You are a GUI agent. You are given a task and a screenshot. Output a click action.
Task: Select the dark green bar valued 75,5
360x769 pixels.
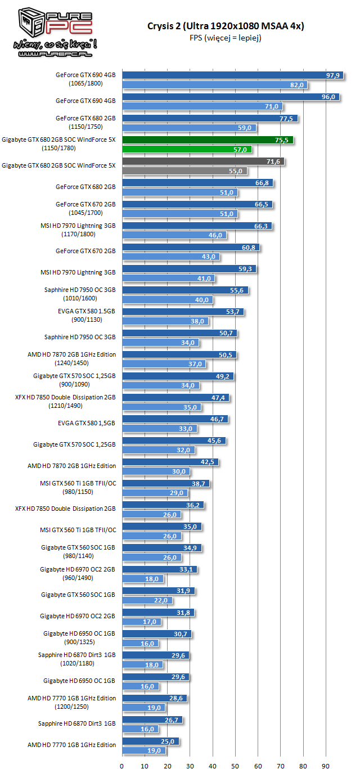[207, 140]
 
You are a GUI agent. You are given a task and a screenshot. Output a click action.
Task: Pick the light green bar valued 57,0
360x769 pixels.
[186, 150]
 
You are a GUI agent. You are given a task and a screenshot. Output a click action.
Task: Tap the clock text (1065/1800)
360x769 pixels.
[86, 84]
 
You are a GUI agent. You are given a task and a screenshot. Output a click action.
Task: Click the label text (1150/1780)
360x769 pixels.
[58, 148]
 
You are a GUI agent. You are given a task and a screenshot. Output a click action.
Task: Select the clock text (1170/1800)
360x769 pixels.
[86, 233]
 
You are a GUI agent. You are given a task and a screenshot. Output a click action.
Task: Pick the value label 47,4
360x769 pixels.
[218, 398]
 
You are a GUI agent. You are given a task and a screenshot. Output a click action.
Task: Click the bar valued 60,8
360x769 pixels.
[191, 248]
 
